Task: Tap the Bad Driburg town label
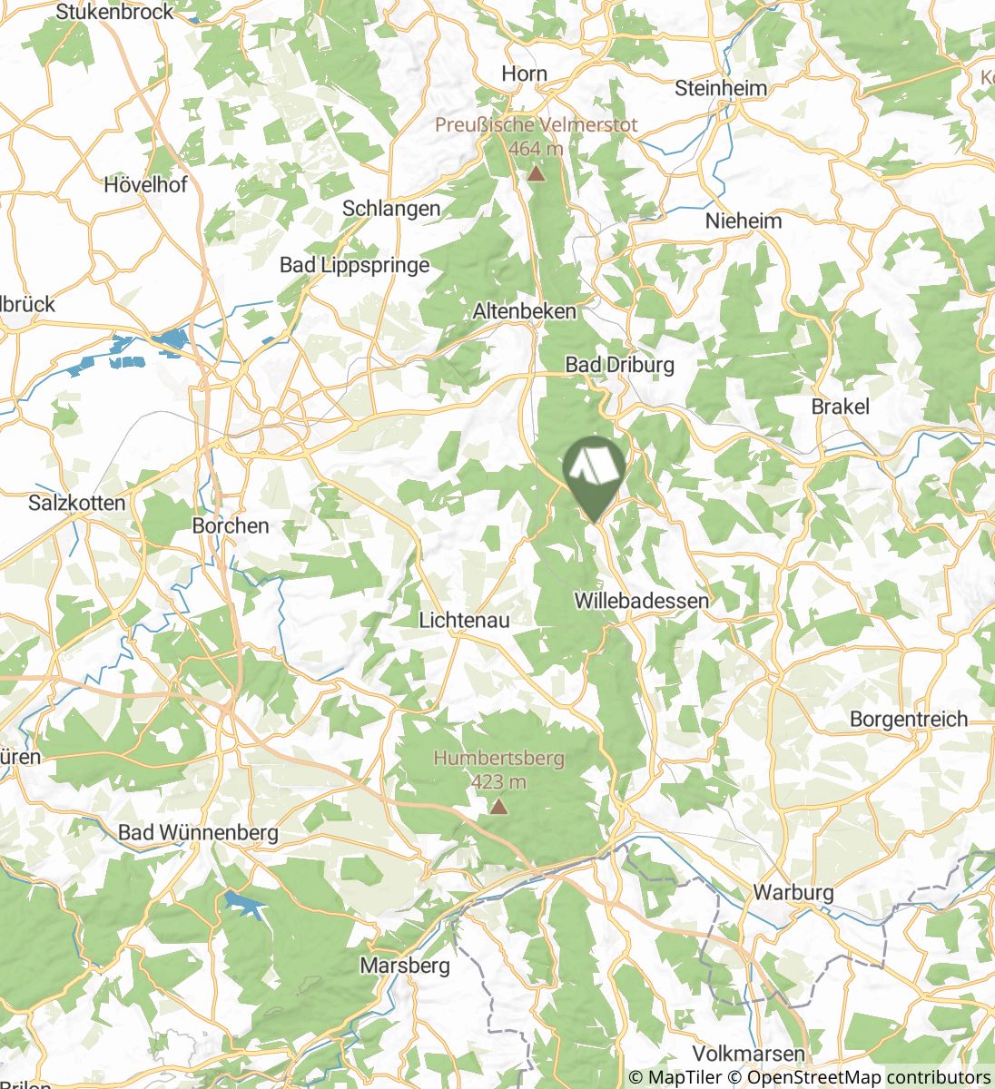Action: [x=620, y=365]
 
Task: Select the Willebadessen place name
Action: [x=642, y=601]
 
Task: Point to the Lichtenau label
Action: [x=464, y=621]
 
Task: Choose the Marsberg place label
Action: [x=405, y=965]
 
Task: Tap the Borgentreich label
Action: [x=909, y=720]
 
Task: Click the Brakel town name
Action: [x=841, y=407]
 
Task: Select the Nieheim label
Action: [x=744, y=221]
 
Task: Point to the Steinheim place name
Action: [x=722, y=88]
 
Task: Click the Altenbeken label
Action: [x=525, y=311]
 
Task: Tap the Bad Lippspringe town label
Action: [x=354, y=265]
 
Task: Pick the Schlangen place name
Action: [x=391, y=208]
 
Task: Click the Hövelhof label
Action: [x=145, y=184]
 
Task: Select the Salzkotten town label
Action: [x=77, y=502]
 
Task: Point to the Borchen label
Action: [x=231, y=525]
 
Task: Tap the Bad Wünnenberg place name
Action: [x=199, y=832]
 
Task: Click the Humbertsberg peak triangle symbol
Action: [x=498, y=805]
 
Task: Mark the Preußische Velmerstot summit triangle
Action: [x=537, y=172]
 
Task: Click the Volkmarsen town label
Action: [x=748, y=1054]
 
